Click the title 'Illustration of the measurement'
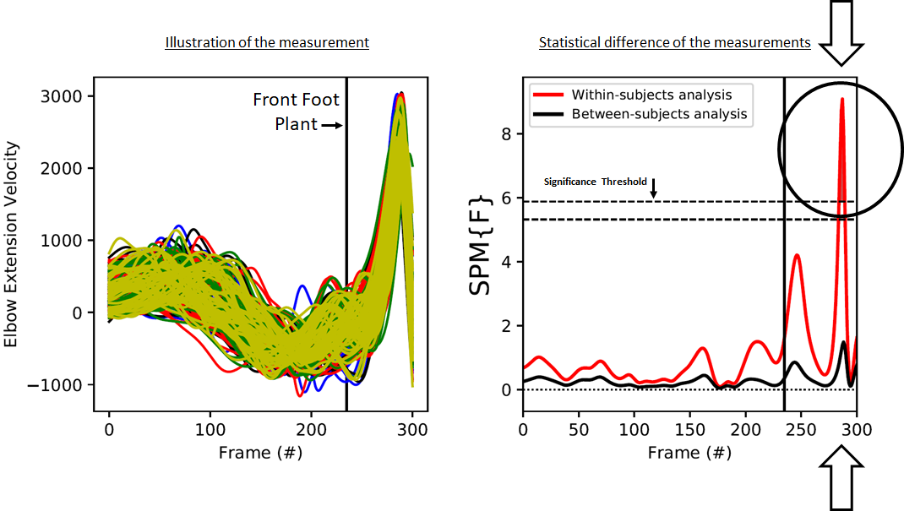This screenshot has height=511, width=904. [266, 42]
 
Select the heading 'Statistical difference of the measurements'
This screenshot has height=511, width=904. [674, 42]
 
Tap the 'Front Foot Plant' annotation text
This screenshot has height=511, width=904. [296, 111]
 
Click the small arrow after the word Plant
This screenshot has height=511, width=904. [331, 125]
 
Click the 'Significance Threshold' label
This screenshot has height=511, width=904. [595, 182]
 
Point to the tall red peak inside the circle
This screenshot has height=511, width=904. [841, 101]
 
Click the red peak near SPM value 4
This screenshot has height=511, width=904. [797, 255]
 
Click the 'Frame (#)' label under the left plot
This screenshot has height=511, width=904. [260, 452]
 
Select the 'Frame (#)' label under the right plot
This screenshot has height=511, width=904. [689, 452]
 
